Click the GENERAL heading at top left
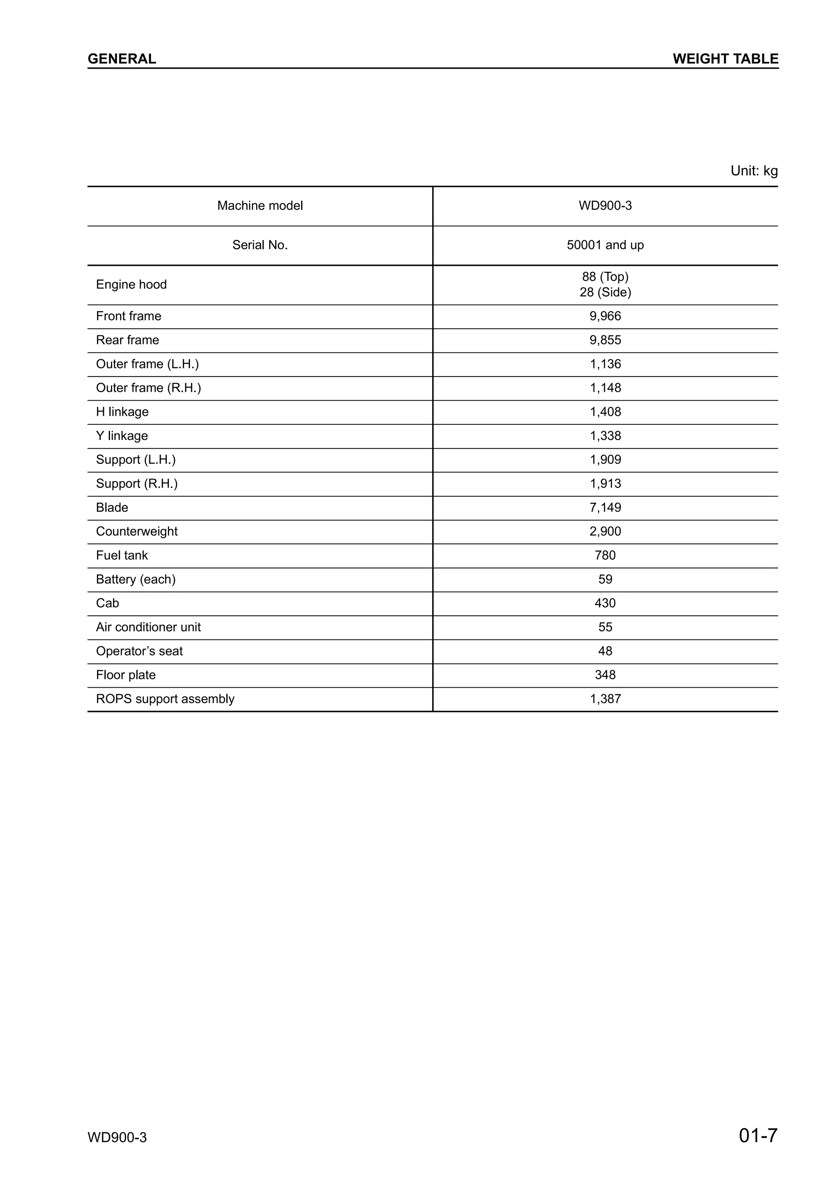(122, 59)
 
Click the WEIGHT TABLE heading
(725, 59)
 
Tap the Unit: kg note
(753, 171)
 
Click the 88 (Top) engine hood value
(605, 277)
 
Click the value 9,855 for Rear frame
(605, 340)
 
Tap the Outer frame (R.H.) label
(148, 388)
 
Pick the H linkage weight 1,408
(605, 411)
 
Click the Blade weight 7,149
(605, 507)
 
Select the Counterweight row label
(137, 531)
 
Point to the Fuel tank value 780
(605, 555)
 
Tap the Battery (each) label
(136, 579)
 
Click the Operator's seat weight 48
(605, 651)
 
